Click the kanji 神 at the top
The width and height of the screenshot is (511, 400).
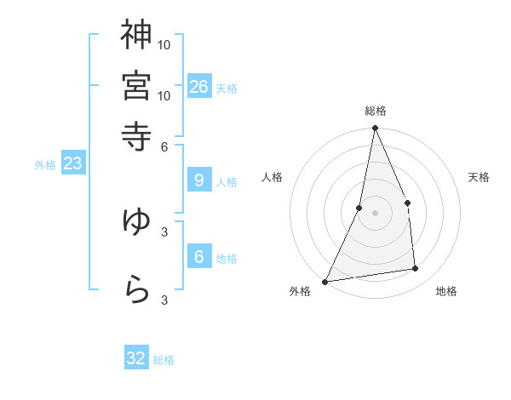pos(136,35)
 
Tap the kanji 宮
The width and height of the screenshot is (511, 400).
pos(136,86)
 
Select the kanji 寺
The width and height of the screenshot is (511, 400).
pos(136,135)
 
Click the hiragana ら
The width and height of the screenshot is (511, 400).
pos(136,289)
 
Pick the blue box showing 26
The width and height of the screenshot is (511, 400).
pos(199,87)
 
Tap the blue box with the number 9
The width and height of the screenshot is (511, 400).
pos(198,180)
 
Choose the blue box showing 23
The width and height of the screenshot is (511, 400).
pos(72,164)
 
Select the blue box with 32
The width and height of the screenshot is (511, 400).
pos(136,358)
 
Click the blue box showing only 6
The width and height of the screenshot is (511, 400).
pos(198,257)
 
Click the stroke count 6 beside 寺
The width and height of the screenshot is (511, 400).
pos(164,146)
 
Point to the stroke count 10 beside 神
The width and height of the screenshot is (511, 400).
pos(164,44)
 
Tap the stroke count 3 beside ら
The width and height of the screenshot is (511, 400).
pos(164,300)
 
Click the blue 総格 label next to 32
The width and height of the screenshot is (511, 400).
pos(164,360)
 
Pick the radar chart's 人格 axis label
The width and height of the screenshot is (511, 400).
pos(272,177)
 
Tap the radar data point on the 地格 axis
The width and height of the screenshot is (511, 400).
pos(416,269)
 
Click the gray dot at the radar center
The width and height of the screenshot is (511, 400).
pos(375,213)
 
